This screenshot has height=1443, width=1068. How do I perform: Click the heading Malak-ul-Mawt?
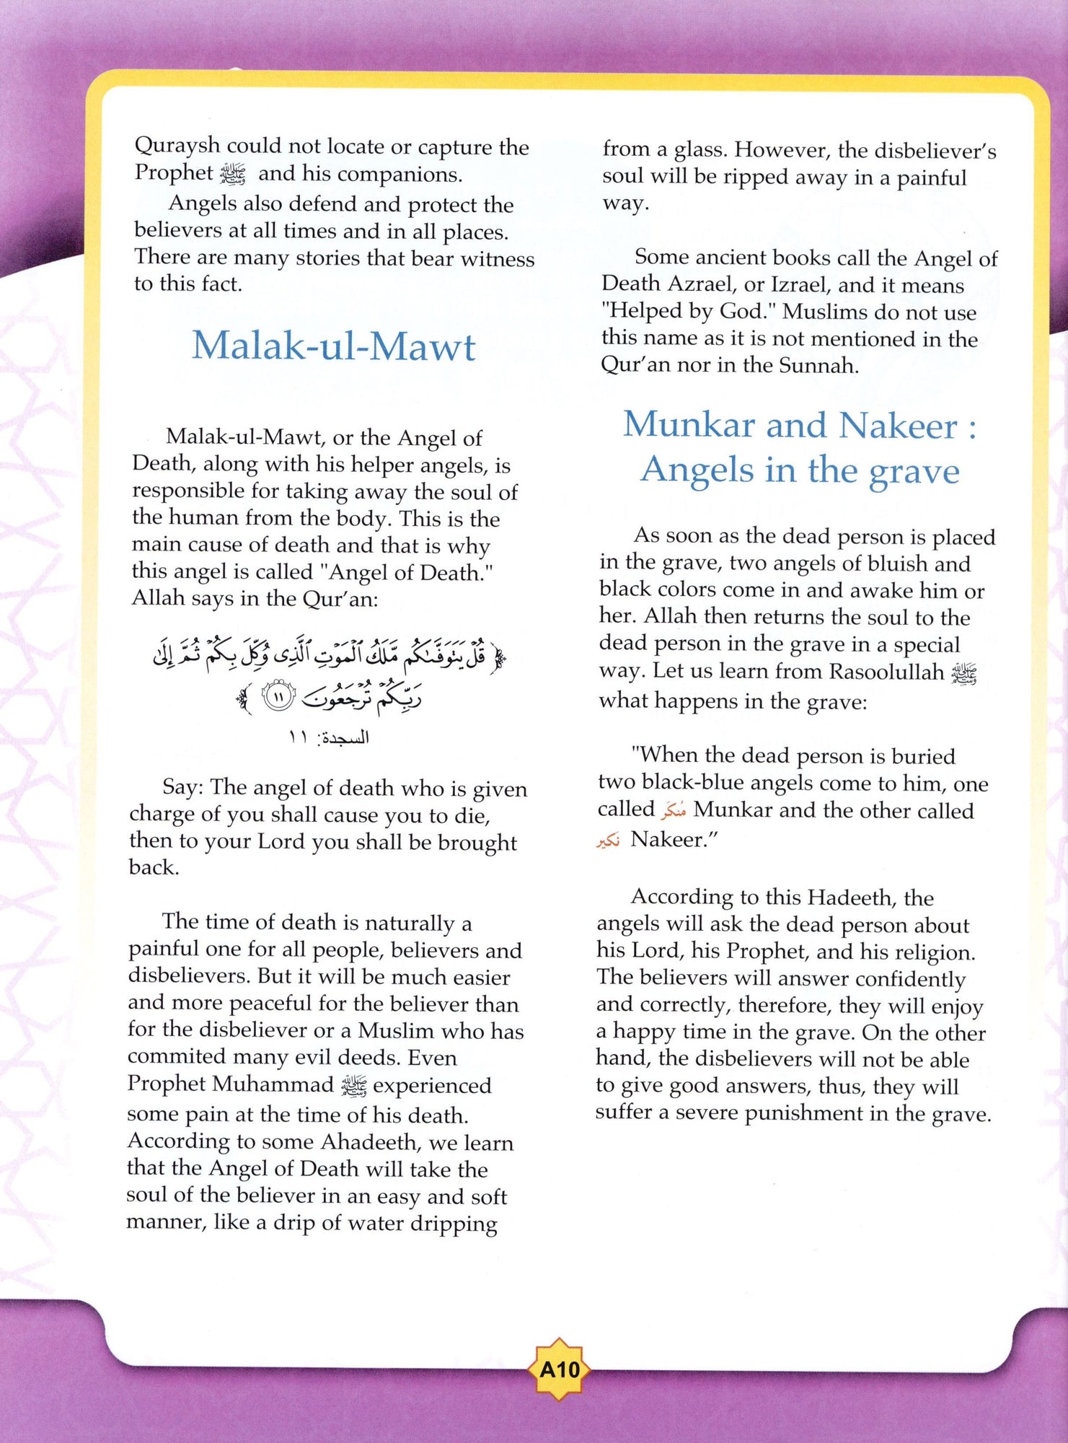[333, 346]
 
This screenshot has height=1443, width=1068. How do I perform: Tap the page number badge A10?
[560, 1369]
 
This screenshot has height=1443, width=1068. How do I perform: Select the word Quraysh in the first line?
[177, 146]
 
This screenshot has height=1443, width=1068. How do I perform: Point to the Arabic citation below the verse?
[329, 737]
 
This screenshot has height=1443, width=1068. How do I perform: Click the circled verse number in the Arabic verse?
[278, 697]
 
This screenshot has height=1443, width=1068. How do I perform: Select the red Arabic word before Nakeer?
[608, 841]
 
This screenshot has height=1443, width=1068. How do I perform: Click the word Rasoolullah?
[886, 672]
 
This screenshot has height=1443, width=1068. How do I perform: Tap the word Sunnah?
[819, 365]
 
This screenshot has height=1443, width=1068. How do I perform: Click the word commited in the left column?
[176, 1057]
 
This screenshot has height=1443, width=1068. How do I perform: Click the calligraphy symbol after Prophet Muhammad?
[354, 1085]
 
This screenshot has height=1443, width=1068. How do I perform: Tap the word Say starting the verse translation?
[182, 786]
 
